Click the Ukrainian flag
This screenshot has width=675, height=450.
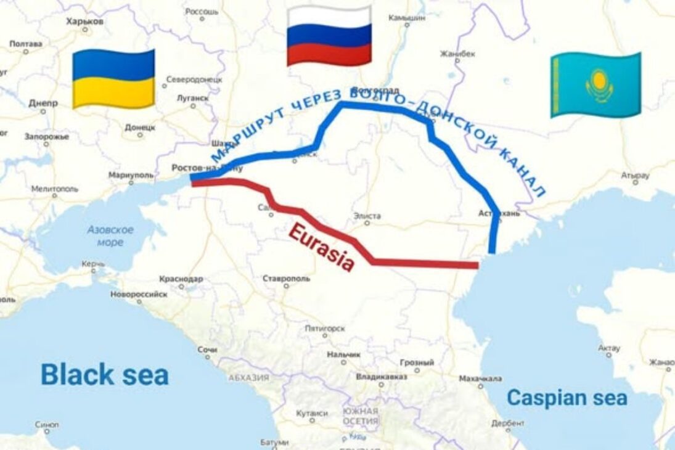113,79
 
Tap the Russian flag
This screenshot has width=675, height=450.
329,36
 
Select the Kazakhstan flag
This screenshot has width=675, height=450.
595,84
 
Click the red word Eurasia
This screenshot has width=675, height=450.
321,248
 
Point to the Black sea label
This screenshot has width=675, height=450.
104,374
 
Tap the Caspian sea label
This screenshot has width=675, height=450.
567,398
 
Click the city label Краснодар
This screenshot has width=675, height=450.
181,279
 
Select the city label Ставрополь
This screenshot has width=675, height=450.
286,279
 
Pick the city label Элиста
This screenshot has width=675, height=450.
367,216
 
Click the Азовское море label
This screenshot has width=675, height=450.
110,235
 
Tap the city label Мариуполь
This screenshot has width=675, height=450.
131,175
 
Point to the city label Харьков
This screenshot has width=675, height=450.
85,21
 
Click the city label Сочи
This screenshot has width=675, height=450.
207,350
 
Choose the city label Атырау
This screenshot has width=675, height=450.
635,175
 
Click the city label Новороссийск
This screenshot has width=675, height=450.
139,294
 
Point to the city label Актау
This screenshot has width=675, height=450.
609,348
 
